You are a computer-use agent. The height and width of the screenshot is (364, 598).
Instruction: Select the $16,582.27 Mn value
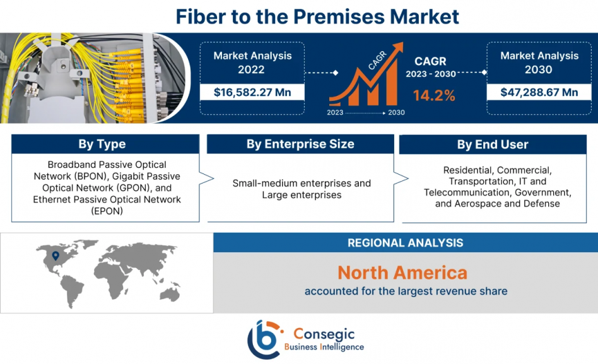point(252,92)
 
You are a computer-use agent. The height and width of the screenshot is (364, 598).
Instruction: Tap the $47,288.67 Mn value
point(539,92)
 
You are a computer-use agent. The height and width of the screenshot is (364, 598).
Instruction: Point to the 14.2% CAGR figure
point(434,95)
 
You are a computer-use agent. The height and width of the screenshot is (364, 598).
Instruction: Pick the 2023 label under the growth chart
point(335,112)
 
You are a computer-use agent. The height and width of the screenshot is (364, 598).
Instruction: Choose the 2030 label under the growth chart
point(396,112)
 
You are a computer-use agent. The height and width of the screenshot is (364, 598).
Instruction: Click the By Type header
point(102,144)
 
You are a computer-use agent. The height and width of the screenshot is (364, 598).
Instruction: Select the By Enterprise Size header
point(300,144)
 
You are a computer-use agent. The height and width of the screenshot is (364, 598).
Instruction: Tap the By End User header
point(493,144)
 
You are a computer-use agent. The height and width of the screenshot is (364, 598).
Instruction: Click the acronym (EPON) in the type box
point(107,211)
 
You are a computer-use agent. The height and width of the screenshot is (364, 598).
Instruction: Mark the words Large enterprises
point(302,195)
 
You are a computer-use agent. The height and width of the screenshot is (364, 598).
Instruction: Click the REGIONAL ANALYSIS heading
point(406,243)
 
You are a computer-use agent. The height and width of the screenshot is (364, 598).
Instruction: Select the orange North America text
point(402,273)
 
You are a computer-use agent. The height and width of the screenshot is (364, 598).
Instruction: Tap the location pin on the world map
point(56,255)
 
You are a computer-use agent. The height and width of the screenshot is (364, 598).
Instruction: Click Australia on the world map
point(170,294)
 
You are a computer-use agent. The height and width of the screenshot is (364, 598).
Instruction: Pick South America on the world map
point(72,291)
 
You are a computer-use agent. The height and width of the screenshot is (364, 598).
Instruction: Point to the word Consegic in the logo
point(324,334)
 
